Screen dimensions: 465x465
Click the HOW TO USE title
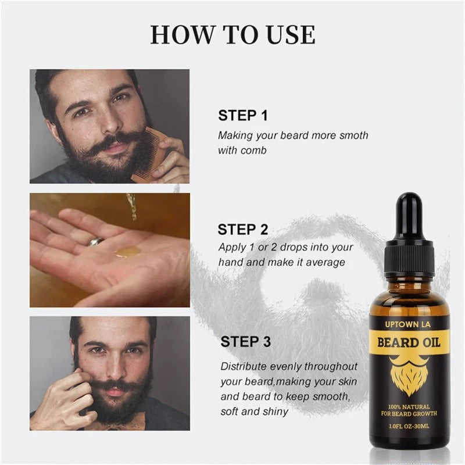tap(233, 34)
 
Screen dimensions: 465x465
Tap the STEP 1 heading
tap(242, 115)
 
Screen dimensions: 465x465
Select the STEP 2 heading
tap(242, 229)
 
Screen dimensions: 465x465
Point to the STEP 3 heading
tap(246, 342)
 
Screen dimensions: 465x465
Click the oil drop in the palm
tap(126, 252)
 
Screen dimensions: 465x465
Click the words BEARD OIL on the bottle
tap(409, 341)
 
